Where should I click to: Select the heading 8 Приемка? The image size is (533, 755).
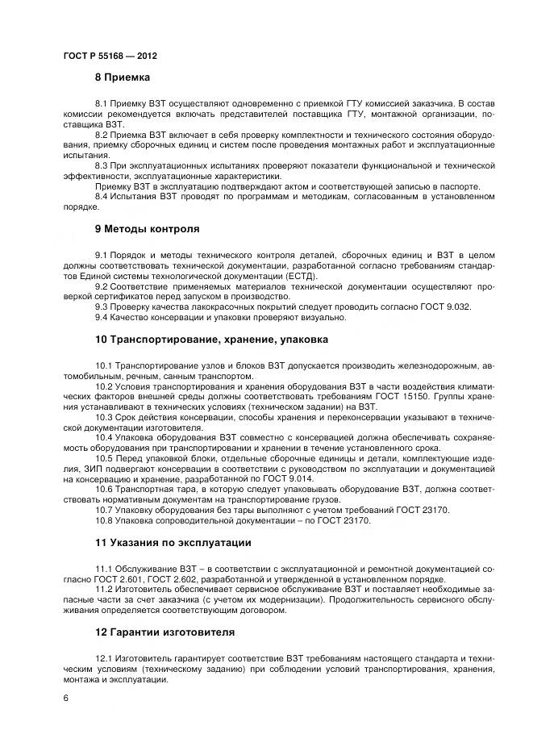(122, 77)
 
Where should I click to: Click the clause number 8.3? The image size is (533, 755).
(102, 165)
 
